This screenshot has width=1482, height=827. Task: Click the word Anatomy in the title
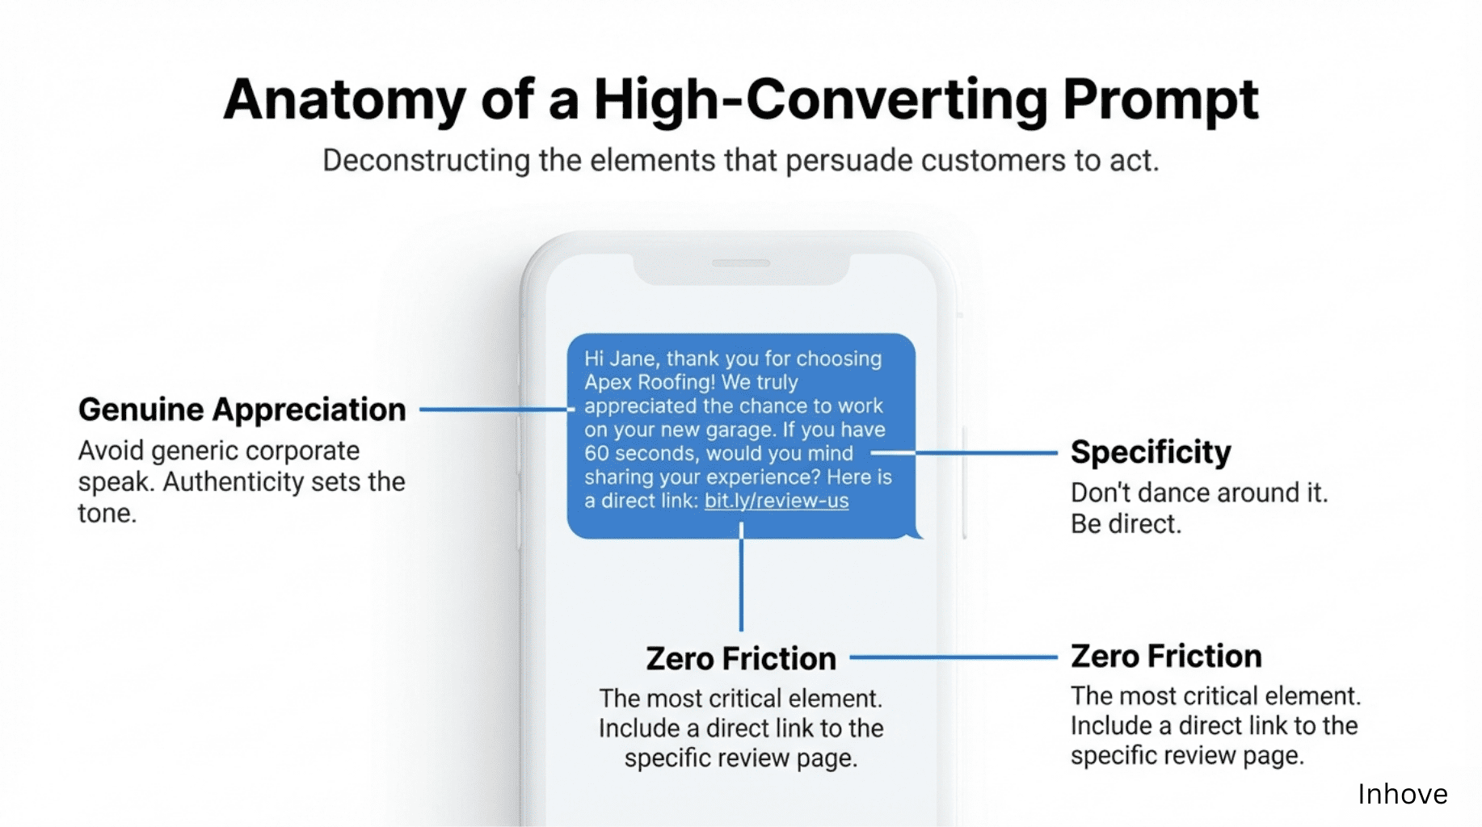344,101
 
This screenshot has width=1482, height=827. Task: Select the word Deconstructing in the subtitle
426,160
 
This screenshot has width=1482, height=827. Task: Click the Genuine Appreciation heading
242,409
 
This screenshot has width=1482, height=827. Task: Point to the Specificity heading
1151,452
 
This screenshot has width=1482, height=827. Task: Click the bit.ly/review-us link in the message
777,501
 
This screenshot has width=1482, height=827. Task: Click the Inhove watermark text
1402,794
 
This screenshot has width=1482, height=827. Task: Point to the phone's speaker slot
741,263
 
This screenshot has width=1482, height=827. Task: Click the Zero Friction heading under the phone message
741,658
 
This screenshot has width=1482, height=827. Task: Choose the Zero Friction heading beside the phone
1166,656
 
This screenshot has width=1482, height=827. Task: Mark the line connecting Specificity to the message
964,453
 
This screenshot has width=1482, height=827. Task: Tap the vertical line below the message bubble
741,577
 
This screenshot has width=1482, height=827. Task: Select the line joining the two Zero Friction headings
954,657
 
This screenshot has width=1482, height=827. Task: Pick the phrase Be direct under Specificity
1126,524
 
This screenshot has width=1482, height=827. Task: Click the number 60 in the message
596,453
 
